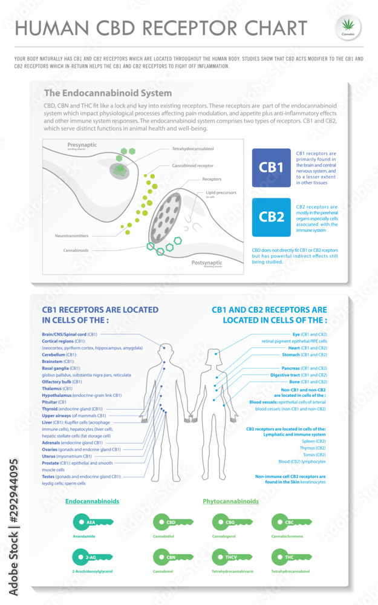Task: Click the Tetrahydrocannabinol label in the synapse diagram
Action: tap(193, 149)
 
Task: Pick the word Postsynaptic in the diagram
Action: tap(207, 263)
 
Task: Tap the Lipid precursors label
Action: tap(220, 192)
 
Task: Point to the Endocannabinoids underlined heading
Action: tap(92, 502)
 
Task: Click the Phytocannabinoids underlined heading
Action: tap(230, 502)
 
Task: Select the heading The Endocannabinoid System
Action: tap(108, 93)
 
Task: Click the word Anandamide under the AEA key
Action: tap(85, 536)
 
